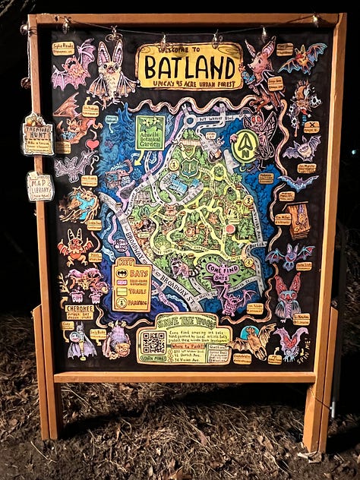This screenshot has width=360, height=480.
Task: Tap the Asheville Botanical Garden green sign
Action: [150, 132]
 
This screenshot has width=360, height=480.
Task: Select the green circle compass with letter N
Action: [245, 146]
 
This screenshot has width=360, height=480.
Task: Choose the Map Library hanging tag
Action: [39, 185]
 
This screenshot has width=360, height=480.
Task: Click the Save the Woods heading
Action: [185, 320]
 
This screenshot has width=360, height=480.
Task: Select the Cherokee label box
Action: [80, 311]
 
